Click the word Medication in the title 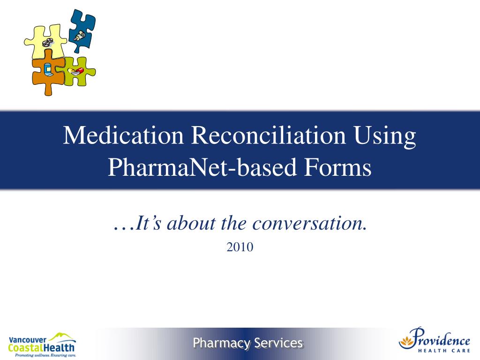coord(123,136)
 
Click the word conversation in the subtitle coord(309,224)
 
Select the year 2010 coord(240,247)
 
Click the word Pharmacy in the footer coord(222,343)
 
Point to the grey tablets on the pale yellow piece coord(48,43)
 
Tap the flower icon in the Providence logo coord(407,337)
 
